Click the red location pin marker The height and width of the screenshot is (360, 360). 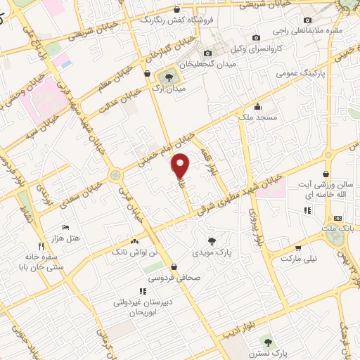coord(181,165)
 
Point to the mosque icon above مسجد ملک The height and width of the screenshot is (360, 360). coord(258,108)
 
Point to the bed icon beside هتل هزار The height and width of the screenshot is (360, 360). coord(65,227)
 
